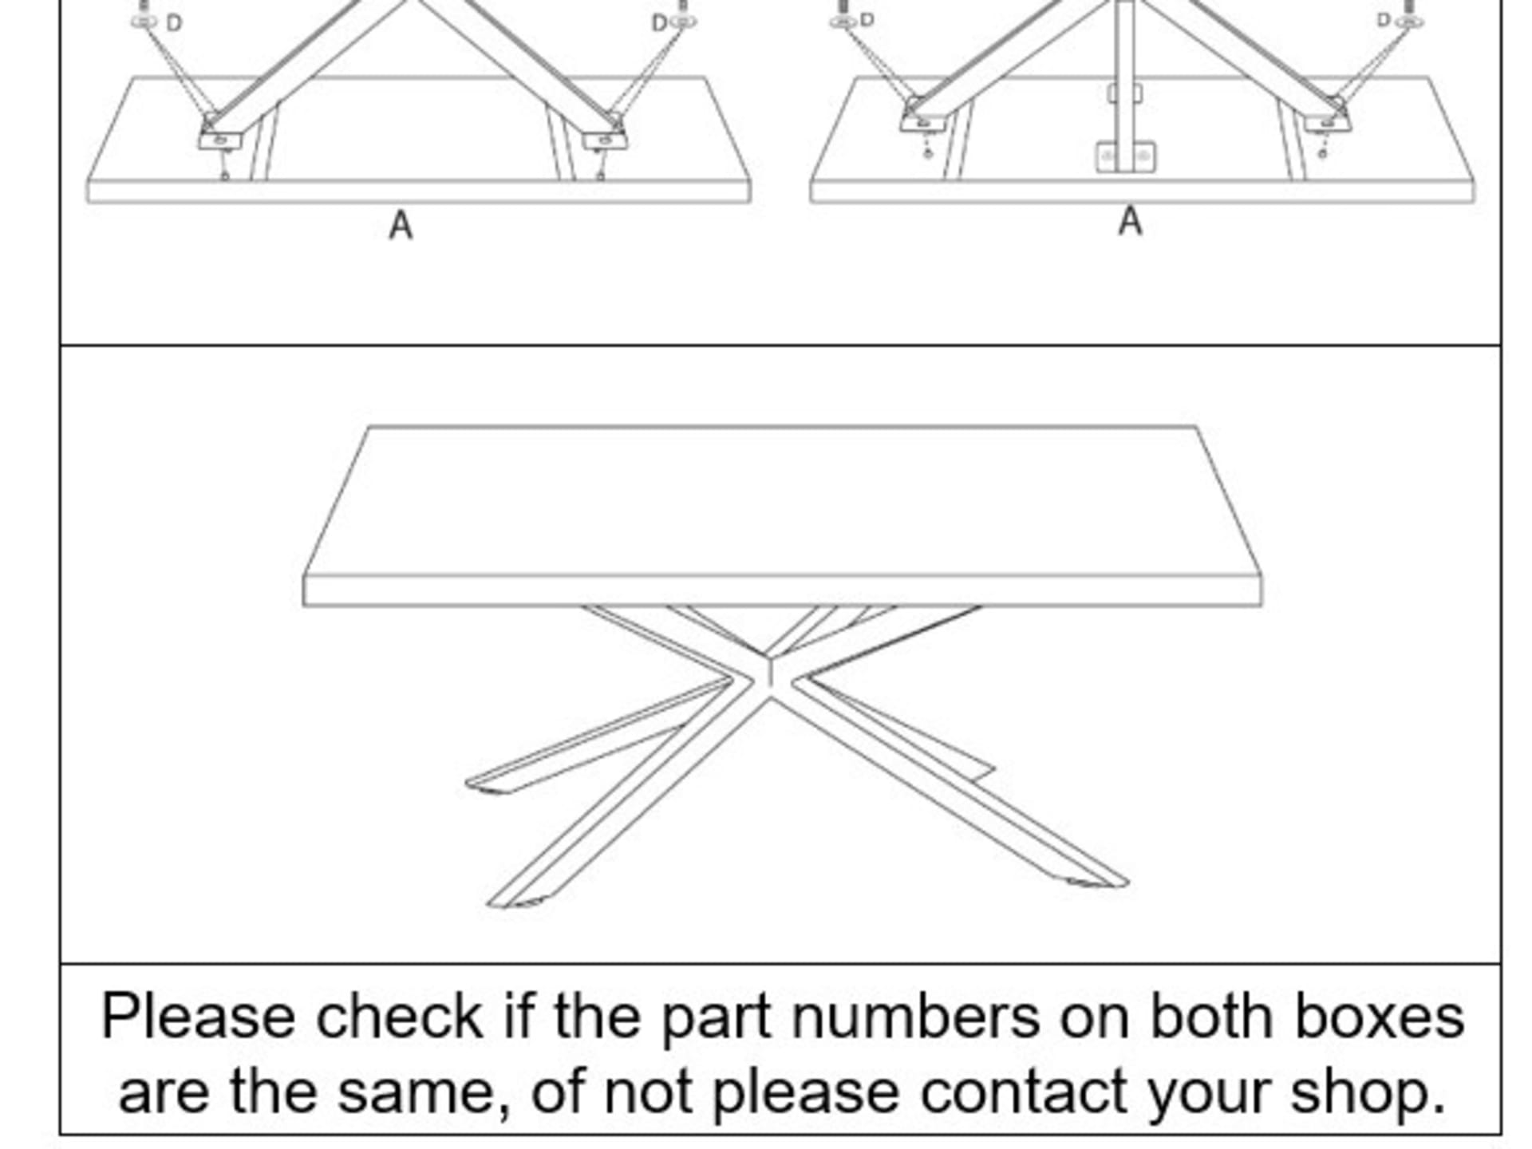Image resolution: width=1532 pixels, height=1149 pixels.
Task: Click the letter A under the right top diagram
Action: point(1130,221)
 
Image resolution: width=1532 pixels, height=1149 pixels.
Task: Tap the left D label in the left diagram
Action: point(174,24)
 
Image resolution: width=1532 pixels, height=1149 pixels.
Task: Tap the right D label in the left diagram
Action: point(659,24)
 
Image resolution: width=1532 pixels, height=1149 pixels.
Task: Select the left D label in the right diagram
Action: point(867,20)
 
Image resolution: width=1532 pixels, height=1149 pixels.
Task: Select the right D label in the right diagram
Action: point(1384,20)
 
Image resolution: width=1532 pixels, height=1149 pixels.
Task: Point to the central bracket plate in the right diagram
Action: point(1124,156)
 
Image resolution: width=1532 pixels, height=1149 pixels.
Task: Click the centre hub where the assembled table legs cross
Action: point(769,675)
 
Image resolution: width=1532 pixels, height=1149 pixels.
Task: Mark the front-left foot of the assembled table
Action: point(515,902)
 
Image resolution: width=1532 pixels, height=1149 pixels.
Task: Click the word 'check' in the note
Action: point(399,1017)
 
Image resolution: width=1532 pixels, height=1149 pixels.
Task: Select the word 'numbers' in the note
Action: point(916,1017)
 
